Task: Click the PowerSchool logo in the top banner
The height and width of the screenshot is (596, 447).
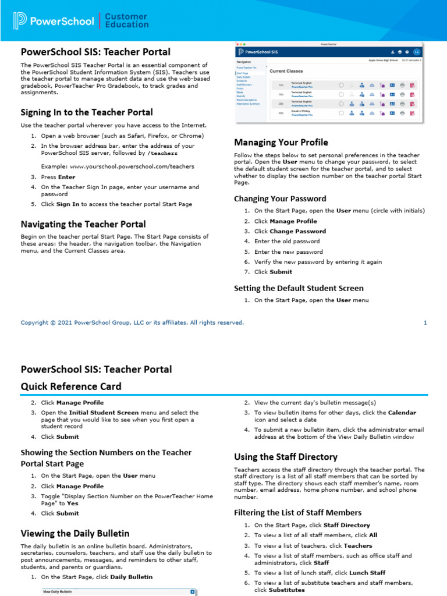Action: [x=54, y=21]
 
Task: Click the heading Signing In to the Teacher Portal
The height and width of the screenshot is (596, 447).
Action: [x=87, y=112]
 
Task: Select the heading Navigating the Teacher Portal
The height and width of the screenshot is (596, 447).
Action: [x=83, y=224]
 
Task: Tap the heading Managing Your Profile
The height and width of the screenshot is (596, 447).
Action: [x=281, y=142]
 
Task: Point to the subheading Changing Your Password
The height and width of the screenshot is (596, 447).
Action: [x=280, y=198]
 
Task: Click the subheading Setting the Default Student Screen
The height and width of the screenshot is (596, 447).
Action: [x=299, y=288]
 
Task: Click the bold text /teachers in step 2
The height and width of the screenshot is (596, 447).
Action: [x=162, y=153]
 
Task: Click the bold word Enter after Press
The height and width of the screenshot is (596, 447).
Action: [x=66, y=177]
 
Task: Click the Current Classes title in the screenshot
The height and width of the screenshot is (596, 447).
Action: [x=286, y=70]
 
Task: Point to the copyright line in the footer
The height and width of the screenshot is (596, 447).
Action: [x=132, y=322]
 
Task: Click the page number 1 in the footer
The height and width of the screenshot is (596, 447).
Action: [x=425, y=322]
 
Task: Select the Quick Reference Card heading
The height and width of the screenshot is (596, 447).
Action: [x=71, y=386]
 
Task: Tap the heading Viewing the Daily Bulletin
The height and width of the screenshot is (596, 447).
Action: [x=75, y=533]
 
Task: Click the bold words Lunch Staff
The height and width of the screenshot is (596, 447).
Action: [x=366, y=573]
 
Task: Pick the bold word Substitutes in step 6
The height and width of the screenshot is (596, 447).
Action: [x=287, y=590]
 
